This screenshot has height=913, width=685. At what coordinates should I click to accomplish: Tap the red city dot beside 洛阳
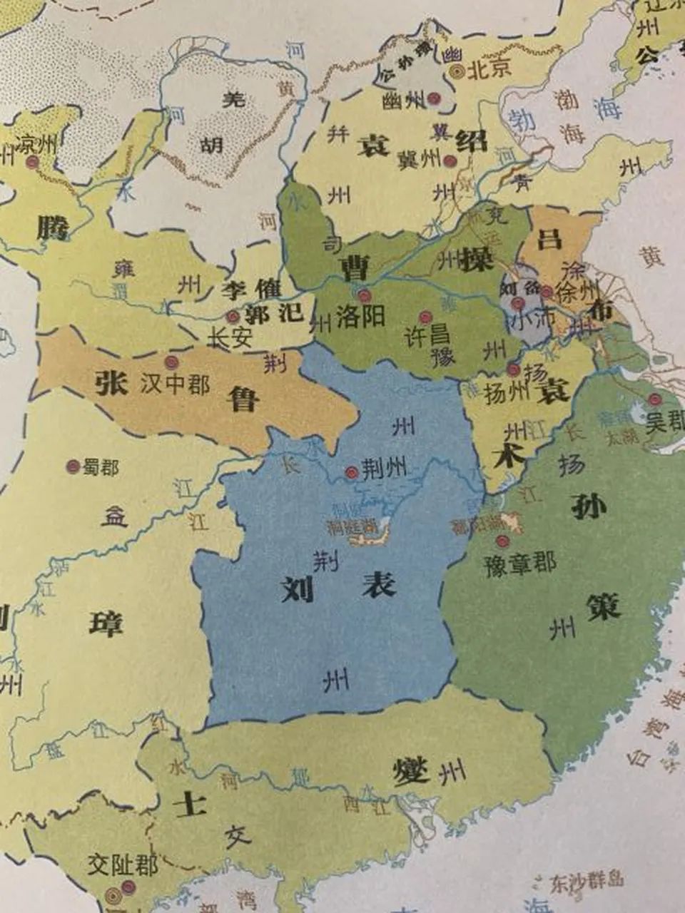tap(365, 295)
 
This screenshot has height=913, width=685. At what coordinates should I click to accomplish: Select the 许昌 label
tap(427, 334)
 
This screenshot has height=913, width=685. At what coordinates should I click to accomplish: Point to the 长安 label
tap(229, 337)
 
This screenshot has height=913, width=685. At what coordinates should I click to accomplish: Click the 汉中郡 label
tap(175, 384)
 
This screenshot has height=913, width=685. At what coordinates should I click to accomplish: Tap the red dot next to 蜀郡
tap(72, 466)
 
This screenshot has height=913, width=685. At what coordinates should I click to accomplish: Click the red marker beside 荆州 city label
tap(351, 472)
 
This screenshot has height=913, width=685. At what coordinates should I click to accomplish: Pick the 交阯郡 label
tap(122, 866)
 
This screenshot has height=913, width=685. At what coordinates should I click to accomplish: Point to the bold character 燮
tap(411, 771)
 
